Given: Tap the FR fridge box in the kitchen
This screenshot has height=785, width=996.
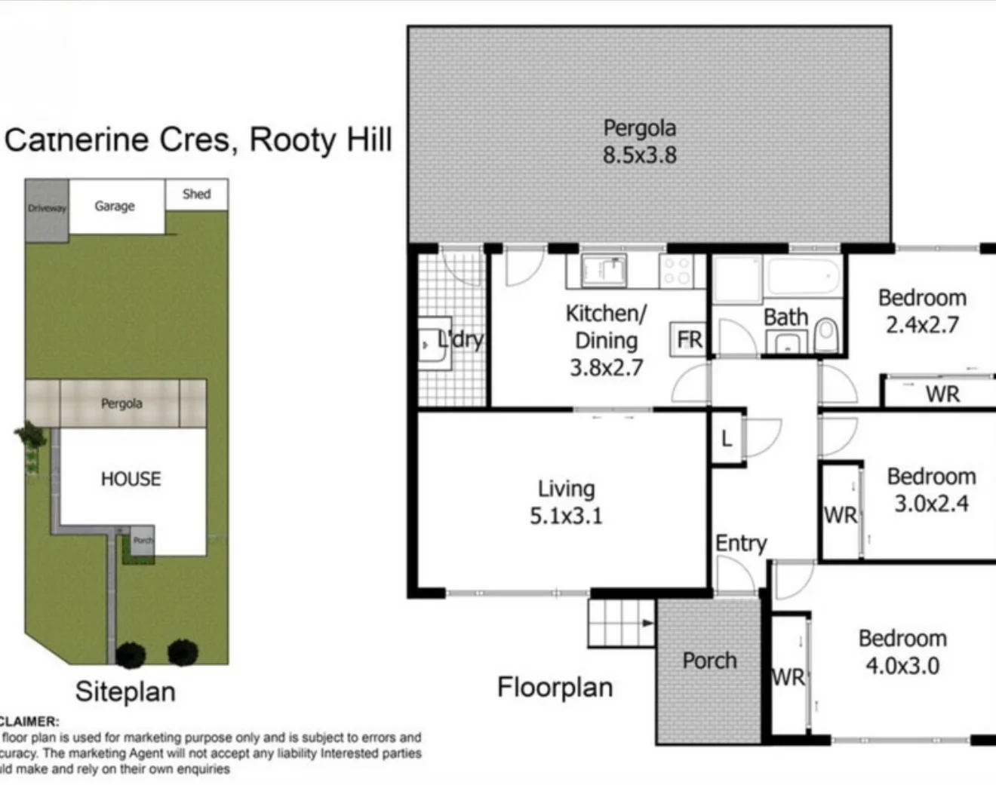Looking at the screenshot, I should [688, 340].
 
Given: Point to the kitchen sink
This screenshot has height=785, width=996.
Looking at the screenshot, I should [604, 271].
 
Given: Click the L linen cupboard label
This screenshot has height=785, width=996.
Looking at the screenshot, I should [726, 439].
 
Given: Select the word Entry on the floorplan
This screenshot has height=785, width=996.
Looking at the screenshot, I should [740, 543].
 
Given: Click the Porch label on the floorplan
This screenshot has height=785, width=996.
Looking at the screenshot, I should [709, 661].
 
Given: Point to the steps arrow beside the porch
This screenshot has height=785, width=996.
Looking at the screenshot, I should [647, 623].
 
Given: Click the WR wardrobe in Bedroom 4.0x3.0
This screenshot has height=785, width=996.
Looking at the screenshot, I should [788, 676].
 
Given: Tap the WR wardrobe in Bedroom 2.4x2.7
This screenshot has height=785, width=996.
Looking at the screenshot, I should [942, 394].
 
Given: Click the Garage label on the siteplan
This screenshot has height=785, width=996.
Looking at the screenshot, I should [115, 206].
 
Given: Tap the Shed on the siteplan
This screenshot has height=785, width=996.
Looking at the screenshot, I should [196, 194].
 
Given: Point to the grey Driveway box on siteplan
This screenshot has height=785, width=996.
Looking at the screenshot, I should [47, 210].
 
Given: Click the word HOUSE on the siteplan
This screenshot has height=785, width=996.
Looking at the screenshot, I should [131, 479].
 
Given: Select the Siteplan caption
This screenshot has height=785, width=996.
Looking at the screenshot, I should [125, 691].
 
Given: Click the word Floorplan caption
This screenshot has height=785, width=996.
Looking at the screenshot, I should [555, 687].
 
